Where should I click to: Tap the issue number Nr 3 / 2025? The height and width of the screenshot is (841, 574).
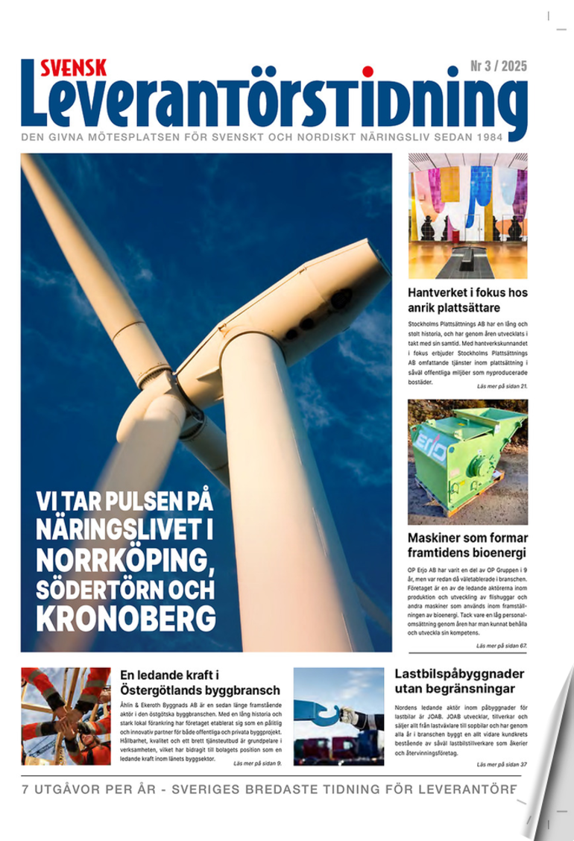coord(498,67)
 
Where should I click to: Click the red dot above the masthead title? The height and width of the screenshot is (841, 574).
coord(367,72)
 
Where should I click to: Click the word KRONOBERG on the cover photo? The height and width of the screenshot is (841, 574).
coord(126,618)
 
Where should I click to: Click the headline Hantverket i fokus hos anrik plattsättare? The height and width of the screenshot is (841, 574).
coord(467,300)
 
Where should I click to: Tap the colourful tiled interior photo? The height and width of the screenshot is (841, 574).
coord(467,216)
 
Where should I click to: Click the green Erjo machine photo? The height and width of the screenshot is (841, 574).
coord(467,462)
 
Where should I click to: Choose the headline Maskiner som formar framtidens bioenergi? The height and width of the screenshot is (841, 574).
coord(467,545)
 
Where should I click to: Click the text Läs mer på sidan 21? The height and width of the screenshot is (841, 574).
coord(502,386)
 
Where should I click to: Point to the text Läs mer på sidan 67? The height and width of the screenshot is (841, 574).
coord(501,645)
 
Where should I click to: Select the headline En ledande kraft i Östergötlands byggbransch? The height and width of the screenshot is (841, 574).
coord(200,682)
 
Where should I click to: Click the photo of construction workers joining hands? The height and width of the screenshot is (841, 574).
coord(66,716)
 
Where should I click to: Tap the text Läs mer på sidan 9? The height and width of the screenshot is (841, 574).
coord(257,763)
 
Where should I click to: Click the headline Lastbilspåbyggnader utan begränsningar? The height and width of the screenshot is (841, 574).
coord(459,681)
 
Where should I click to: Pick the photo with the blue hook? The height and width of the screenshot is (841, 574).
coord(338,716)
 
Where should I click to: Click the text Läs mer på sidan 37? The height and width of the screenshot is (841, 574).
coord(502,764)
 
